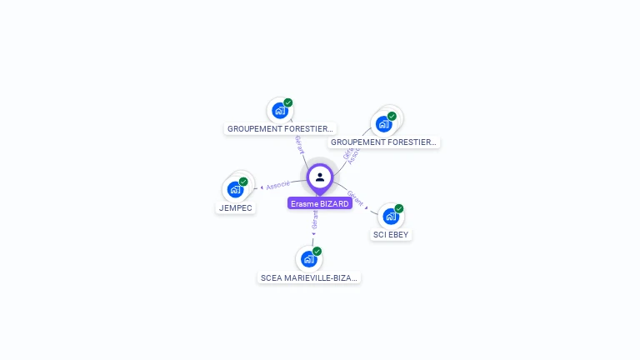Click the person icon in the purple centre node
320,177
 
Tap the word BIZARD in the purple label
333,203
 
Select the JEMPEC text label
236,207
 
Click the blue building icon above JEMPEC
235,189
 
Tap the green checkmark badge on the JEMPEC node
243,182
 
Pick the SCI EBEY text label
391,234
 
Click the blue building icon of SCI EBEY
390,216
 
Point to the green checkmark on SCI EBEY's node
399,208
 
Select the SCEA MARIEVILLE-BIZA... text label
309,277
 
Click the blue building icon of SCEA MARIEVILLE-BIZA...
308,258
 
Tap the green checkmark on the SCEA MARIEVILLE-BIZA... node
317,251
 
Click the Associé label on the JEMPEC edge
278,184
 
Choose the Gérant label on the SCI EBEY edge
355,197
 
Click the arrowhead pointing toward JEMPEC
262,187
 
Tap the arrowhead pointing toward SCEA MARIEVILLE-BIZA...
313,234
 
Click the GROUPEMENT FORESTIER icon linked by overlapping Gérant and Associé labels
383,123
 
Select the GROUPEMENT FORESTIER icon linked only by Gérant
280,110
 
